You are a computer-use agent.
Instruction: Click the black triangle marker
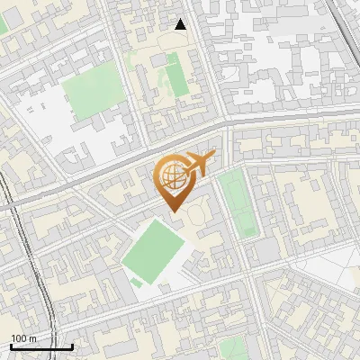coord(181,25)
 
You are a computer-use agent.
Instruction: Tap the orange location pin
coord(175,181)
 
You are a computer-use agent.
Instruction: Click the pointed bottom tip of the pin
coord(175,211)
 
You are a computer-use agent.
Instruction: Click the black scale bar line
coord(41,346)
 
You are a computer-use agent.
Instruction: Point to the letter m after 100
coord(33,338)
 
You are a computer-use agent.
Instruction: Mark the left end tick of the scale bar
coord(11,345)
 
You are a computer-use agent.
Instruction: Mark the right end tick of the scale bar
coord(72,345)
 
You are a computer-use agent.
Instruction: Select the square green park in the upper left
coord(94,93)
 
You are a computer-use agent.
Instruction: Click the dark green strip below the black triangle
coord(177,79)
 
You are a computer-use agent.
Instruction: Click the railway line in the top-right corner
coord(343,27)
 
